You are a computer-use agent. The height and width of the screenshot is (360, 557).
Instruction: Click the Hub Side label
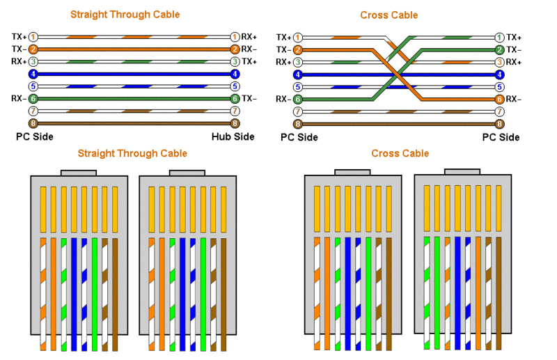click(233, 136)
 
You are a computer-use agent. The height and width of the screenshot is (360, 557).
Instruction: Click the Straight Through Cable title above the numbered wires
click(125, 15)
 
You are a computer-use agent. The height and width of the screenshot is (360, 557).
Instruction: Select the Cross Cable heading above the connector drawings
click(400, 153)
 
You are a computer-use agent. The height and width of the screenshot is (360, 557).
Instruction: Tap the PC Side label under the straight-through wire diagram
click(34, 136)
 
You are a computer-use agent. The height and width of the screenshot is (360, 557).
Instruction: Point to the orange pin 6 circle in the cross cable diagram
click(499, 99)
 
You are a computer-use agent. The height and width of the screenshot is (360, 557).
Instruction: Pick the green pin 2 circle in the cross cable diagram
click(499, 49)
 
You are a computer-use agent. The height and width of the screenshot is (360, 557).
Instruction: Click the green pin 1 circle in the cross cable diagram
click(499, 38)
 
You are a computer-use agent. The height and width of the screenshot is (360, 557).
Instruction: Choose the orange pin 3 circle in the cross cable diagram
click(499, 62)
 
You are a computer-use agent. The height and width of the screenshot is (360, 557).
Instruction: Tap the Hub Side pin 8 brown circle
click(235, 123)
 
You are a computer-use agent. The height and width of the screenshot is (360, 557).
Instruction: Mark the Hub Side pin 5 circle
click(235, 86)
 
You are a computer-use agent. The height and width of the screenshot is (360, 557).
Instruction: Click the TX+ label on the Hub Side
click(249, 61)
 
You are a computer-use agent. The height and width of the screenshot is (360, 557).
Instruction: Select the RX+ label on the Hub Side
click(249, 37)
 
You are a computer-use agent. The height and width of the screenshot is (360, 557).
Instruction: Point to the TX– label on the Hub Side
click(249, 98)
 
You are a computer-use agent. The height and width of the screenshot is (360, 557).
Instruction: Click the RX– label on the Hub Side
click(249, 49)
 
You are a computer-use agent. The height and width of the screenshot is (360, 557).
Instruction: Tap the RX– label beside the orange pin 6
click(514, 99)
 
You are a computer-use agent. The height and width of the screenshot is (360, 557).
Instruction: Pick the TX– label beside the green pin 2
click(514, 49)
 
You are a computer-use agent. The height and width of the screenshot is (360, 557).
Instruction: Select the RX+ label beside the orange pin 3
click(514, 62)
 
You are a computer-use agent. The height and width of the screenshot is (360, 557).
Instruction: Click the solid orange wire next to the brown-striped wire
click(478, 293)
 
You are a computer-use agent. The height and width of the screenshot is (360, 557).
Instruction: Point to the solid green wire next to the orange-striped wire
click(437, 293)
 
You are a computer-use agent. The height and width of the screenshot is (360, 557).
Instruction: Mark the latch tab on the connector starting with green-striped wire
click(462, 172)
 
